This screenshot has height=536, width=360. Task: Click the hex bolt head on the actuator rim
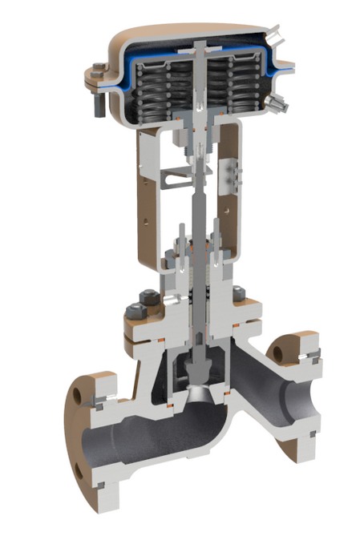98,66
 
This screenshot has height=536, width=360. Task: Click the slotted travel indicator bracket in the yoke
174,178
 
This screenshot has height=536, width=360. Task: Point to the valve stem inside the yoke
196,208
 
